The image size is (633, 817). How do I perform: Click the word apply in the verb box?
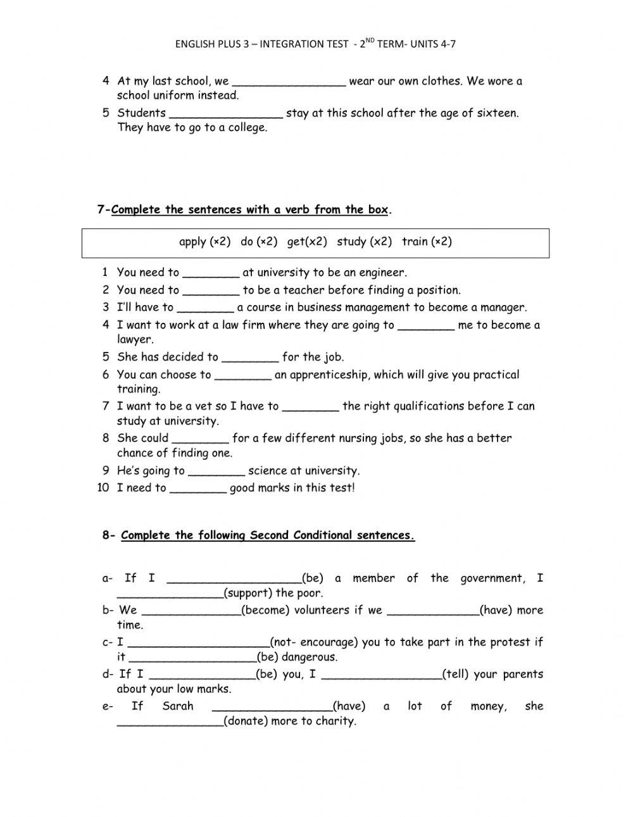tap(193, 242)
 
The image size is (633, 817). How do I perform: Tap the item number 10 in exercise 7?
tap(103, 488)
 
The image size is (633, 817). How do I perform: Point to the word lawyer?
tap(134, 340)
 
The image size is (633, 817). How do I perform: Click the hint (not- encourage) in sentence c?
tap(315, 642)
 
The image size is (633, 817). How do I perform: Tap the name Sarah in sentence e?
tap(178, 706)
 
